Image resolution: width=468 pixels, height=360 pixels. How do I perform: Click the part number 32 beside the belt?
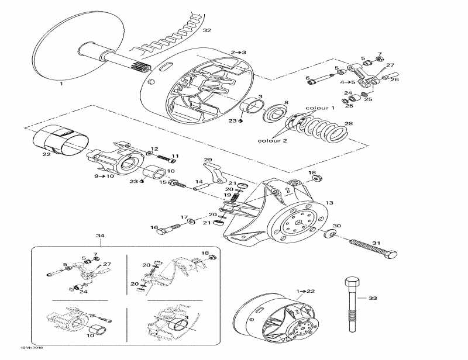pos(207,30)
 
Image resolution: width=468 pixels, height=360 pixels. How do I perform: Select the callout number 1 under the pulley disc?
pos(61,84)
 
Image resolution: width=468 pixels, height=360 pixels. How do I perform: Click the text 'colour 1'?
pos(320,108)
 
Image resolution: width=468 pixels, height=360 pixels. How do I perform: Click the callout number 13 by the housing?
pos(329,203)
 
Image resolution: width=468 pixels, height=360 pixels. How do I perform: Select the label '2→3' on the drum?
pos(238,53)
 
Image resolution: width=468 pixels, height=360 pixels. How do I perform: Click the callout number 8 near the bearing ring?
pos(286,103)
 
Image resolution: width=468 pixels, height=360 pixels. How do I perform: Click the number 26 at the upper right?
pos(394,79)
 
